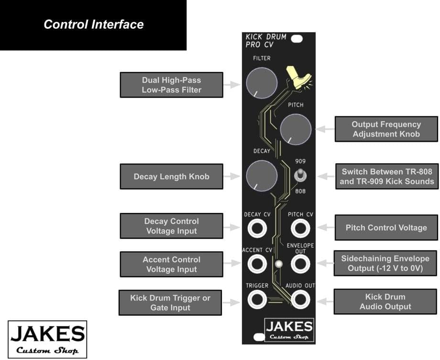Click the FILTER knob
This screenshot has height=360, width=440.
pyautogui.click(x=262, y=83)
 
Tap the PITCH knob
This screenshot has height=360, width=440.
pyautogui.click(x=296, y=129)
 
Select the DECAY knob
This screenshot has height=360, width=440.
pyautogui.click(x=262, y=176)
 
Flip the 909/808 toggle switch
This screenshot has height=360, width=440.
pyautogui.click(x=300, y=176)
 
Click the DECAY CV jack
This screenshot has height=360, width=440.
pyautogui.click(x=257, y=228)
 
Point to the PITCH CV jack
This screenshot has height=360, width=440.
pyautogui.click(x=300, y=228)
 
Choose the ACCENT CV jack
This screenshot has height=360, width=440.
pyautogui.click(x=257, y=263)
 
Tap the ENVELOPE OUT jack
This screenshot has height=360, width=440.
pyautogui.click(x=300, y=263)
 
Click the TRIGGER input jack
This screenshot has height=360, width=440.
pyautogui.click(x=257, y=299)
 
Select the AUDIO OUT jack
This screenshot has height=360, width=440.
pyautogui.click(x=300, y=299)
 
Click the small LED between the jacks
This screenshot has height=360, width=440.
pyautogui.click(x=279, y=264)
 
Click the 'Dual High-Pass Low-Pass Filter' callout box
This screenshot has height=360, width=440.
pyautogui.click(x=171, y=85)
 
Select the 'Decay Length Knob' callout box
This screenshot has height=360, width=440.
pyautogui.click(x=171, y=177)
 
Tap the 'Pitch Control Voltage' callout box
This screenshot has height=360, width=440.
pyautogui.click(x=386, y=227)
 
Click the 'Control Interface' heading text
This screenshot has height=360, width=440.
pyautogui.click(x=93, y=24)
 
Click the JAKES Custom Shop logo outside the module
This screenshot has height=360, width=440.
pyautogui.click(x=47, y=339)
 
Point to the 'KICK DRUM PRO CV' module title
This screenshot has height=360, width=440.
pyautogui.click(x=266, y=40)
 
